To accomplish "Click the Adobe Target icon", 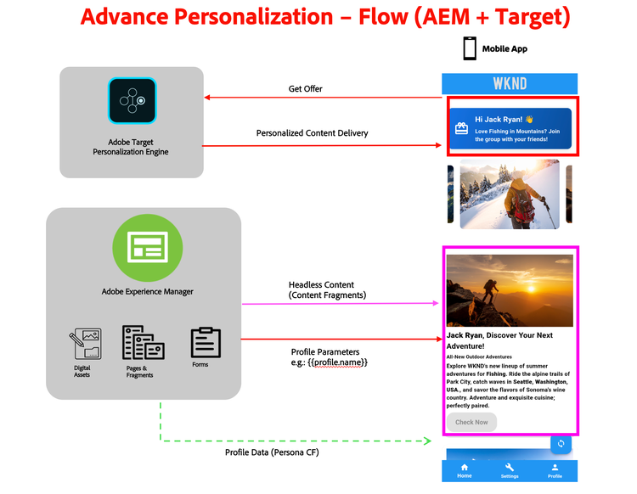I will (132, 100).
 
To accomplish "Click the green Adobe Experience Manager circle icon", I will (148, 247).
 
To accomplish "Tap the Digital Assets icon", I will (84, 345).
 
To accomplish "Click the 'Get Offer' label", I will (306, 88).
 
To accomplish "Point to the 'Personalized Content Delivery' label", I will (312, 133).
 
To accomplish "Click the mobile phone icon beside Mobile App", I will (470, 48).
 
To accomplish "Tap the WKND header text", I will (510, 84).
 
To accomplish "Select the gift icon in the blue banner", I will (461, 129).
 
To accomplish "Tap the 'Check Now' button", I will (471, 422).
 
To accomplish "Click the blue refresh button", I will (561, 443).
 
